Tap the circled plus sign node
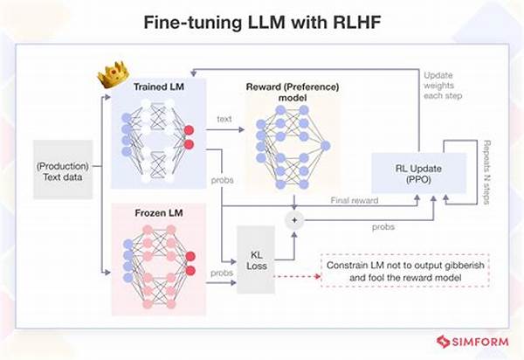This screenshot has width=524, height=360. pos(294,219)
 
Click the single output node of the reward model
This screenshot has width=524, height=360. pos(324,144)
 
